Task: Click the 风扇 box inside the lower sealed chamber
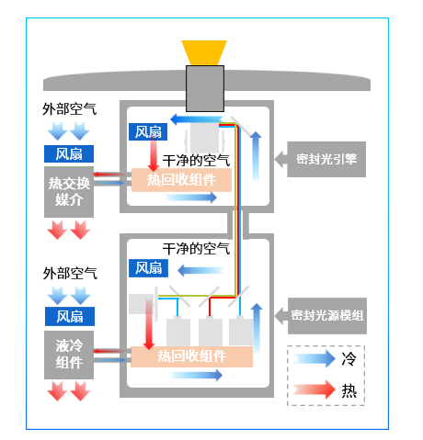149,267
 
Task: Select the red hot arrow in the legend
312,389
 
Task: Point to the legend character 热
349,389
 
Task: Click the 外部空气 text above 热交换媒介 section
69,109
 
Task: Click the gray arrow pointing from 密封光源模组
278,315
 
